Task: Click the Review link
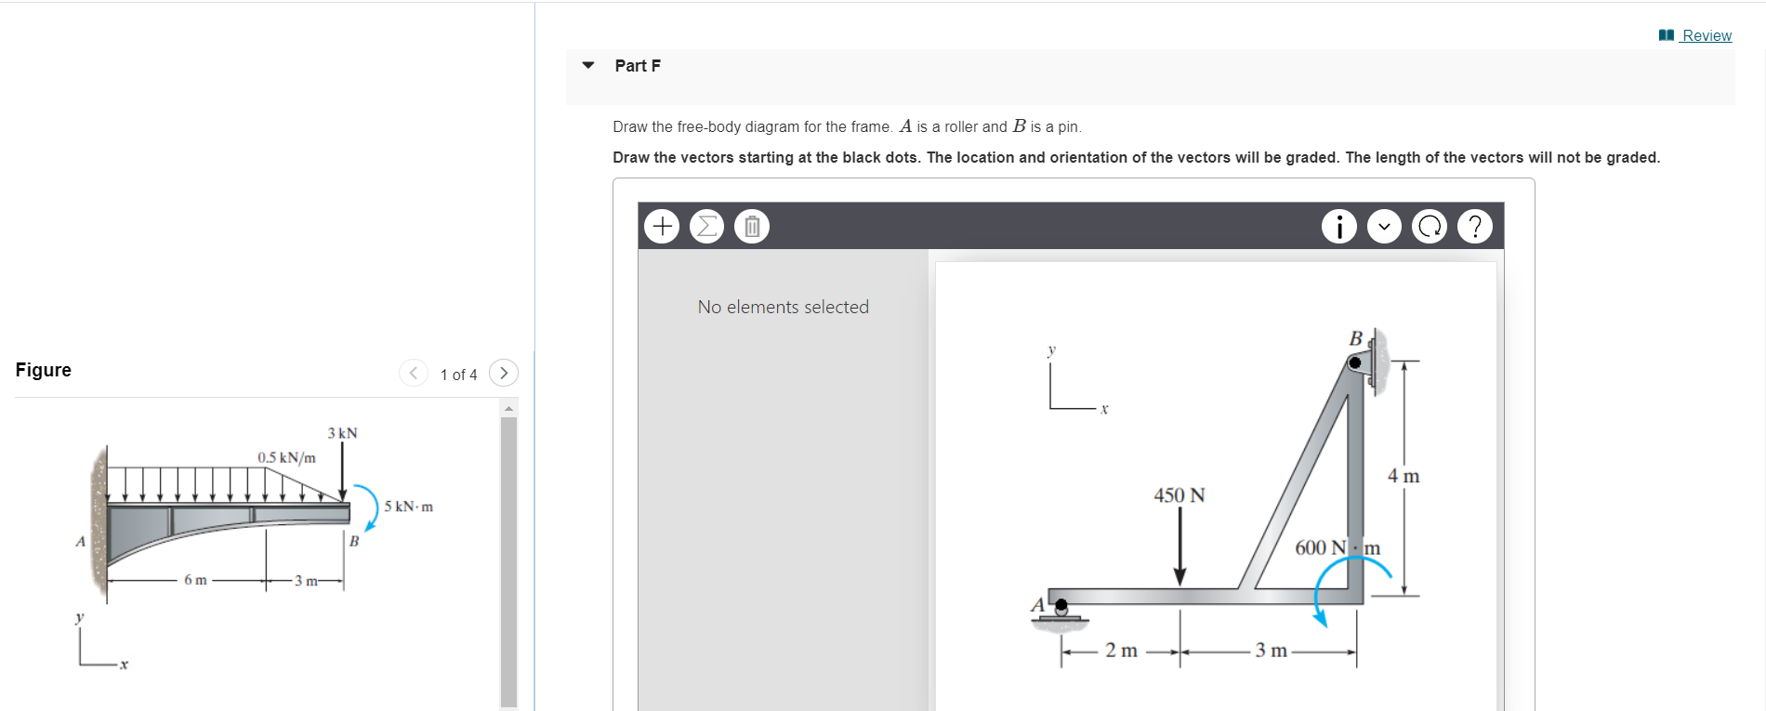pos(1706,35)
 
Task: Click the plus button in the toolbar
pos(662,226)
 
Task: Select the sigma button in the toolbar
pos(706,226)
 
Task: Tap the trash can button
pos(752,226)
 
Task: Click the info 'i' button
pos(1338,226)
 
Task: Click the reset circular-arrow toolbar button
pos(1430,226)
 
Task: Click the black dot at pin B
pos(1355,362)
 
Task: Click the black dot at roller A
pos(1061,604)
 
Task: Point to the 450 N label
pos(1179,495)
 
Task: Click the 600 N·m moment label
pos(1337,547)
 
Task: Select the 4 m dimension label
pos(1404,476)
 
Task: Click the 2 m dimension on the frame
pos(1121,651)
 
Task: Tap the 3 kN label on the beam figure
pos(342,433)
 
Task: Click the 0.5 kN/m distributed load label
pos(286,457)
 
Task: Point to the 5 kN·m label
pos(408,507)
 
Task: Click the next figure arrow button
pos(503,373)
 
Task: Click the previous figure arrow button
pos(413,373)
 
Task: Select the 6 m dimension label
pos(195,580)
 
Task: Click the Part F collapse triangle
pos(587,65)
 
